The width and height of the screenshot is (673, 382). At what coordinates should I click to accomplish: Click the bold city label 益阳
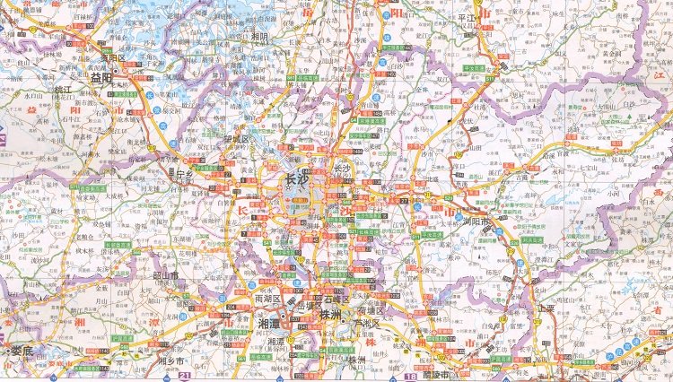pyautogui.click(x=100, y=78)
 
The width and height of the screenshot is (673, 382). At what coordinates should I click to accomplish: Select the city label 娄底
pyautogui.click(x=20, y=351)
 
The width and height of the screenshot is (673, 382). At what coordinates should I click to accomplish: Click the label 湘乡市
pyautogui.click(x=170, y=361)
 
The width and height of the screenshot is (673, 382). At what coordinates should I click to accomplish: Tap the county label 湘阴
pyautogui.click(x=260, y=37)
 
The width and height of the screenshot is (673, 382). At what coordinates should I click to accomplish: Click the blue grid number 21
pyautogui.click(x=186, y=375)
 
